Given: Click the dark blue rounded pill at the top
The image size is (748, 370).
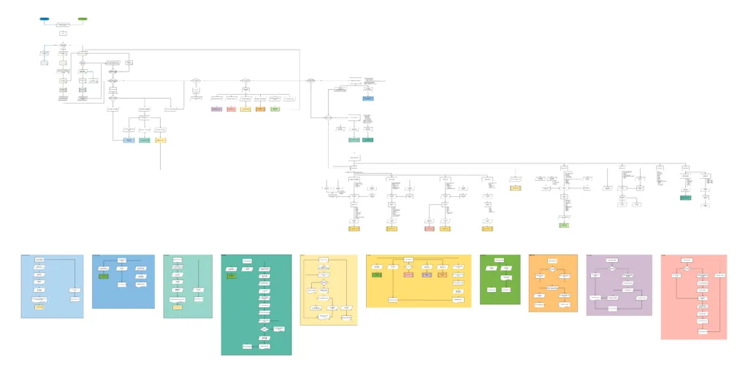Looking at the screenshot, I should tap(45, 18).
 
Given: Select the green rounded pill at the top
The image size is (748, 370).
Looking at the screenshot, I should tap(83, 18).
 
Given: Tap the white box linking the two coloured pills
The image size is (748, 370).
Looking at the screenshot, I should tap(64, 25).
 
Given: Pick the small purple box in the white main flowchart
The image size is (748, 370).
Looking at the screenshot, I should tap(216, 109).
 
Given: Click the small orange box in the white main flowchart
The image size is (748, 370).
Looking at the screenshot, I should tap(260, 109).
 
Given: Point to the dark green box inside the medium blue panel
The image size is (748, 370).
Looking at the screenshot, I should tap(103, 277).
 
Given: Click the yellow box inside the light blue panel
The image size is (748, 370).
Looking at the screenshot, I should tap(39, 307).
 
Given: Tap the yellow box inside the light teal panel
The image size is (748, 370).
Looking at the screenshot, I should tap(177, 307).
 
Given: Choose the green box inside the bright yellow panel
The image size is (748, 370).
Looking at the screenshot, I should tap(376, 274).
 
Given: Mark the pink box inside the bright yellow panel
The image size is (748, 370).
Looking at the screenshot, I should tap(408, 274).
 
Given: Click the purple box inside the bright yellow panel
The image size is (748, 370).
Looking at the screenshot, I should tap(427, 274).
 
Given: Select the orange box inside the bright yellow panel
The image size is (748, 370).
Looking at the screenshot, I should tap(442, 274).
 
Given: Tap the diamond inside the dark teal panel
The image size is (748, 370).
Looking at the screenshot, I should tap(264, 330).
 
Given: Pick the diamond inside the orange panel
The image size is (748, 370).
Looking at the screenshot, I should tap(552, 270).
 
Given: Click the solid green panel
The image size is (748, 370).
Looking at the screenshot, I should tap(500, 280).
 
